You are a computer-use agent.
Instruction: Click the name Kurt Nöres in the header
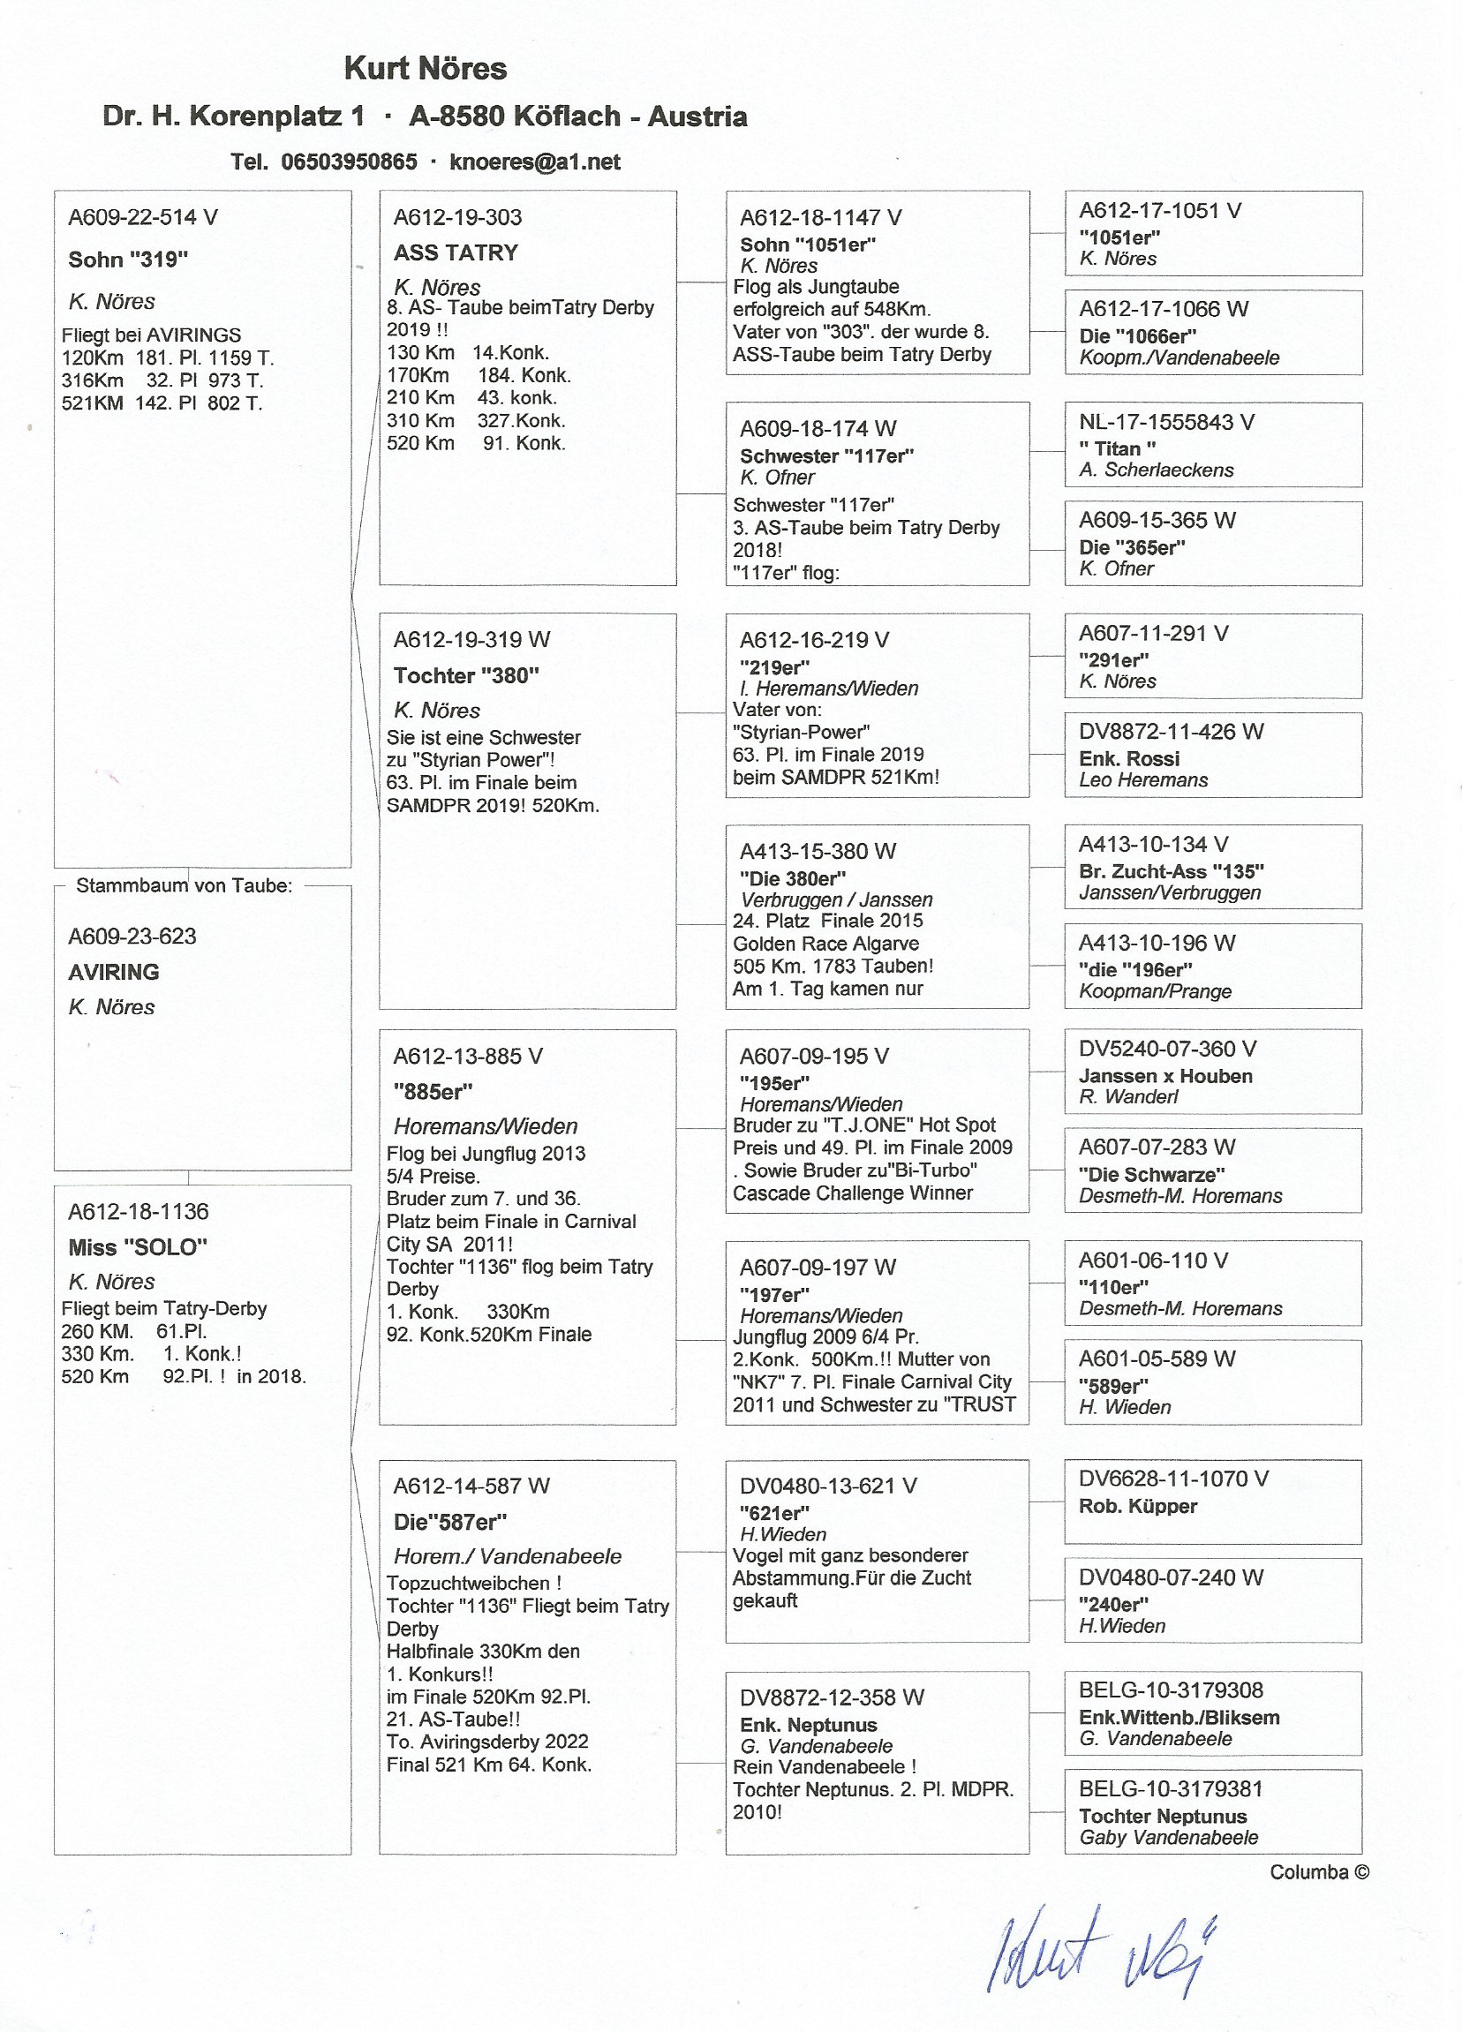tap(426, 69)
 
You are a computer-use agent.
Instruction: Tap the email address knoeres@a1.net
tap(535, 162)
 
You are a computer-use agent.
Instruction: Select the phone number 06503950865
tap(349, 162)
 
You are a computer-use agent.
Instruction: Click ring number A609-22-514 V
tap(143, 218)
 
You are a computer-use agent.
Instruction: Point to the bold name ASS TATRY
tap(456, 253)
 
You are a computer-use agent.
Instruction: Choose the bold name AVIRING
tap(114, 972)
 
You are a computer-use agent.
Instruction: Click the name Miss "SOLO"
tap(138, 1247)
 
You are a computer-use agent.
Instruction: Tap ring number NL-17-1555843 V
tap(1166, 423)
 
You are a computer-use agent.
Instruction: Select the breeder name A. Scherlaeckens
tap(1156, 470)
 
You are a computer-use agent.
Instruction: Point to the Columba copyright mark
tap(1319, 1872)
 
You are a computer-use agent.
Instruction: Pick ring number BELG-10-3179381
tap(1170, 1789)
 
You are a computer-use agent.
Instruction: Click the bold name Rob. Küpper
tap(1138, 1506)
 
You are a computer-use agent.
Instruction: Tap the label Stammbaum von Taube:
tap(184, 886)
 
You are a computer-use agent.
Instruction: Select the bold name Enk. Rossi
tap(1129, 759)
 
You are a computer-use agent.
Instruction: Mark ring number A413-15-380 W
tap(817, 851)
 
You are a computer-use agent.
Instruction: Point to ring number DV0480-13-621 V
tap(828, 1486)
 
